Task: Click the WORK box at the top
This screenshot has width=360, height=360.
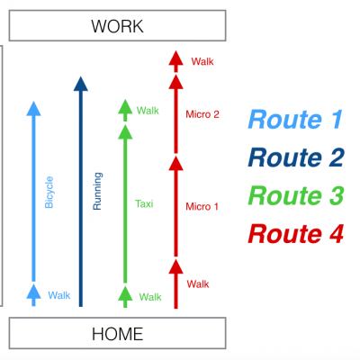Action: coord(117,25)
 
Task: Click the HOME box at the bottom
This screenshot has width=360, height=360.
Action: coord(117,333)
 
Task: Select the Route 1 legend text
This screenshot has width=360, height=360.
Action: coord(295,120)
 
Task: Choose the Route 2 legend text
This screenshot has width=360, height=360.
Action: coord(296,157)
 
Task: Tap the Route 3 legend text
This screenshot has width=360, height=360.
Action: coord(296,195)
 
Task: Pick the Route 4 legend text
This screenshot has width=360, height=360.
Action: coord(296,234)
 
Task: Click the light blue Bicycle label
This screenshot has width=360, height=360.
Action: coord(49,193)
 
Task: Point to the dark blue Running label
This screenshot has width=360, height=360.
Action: coord(97,191)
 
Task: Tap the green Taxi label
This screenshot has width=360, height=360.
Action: coord(144,204)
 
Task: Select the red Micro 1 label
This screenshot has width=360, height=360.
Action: coord(202,206)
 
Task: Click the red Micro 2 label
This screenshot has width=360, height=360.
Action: coord(202,114)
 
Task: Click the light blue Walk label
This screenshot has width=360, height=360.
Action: coord(59,295)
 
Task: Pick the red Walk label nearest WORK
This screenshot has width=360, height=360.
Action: coord(202,61)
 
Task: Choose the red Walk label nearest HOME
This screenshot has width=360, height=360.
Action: coord(198,284)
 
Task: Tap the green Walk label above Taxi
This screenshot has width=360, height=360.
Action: coord(148,111)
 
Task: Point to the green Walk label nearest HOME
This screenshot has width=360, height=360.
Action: coord(150,297)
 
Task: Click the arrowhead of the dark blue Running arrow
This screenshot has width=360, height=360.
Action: coord(81,84)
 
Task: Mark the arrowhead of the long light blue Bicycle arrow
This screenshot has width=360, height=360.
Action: coord(33,109)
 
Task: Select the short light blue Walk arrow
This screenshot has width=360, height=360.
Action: coord(33,295)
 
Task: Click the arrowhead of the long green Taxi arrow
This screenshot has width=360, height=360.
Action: coord(125,132)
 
